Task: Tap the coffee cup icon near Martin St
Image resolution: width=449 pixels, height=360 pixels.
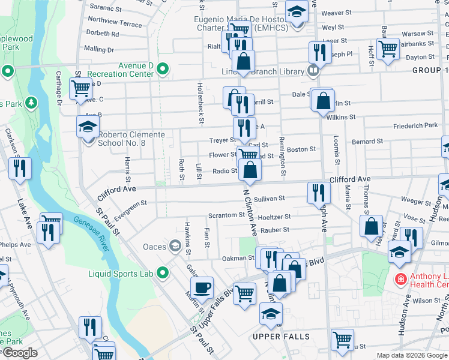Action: coord(202,287)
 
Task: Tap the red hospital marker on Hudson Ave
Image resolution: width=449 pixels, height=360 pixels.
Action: coord(400,280)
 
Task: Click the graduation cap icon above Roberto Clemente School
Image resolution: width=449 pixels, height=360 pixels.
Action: coord(88,127)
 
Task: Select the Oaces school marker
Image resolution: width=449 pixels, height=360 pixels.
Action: coord(175,246)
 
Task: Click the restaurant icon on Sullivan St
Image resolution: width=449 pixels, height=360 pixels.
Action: coord(318,192)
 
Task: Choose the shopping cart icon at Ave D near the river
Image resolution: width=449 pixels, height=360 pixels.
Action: coord(80,89)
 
